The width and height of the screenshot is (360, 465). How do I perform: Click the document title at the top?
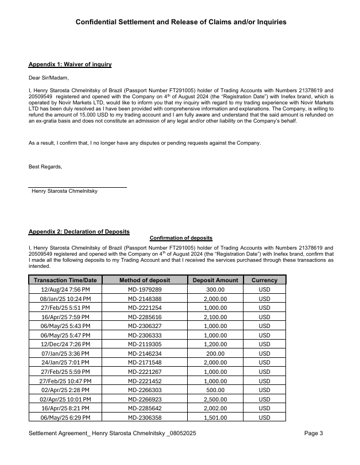pyautogui.click(x=181, y=22)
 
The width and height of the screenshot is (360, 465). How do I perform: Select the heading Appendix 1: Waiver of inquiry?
pyautogui.click(x=70, y=65)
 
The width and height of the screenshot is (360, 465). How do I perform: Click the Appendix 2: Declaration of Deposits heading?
pyautogui.click(x=79, y=231)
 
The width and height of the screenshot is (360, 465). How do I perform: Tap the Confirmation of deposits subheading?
pyautogui.click(x=181, y=238)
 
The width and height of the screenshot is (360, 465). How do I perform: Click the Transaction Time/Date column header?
pyautogui.click(x=65, y=280)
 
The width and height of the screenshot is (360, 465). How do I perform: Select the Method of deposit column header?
pyautogui.click(x=145, y=280)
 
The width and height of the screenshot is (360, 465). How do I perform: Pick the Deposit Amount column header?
pyautogui.click(x=215, y=280)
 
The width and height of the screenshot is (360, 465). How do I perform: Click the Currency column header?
pyautogui.click(x=264, y=280)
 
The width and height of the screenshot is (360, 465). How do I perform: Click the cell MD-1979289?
pyautogui.click(x=145, y=289)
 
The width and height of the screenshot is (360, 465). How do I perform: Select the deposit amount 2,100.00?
pyautogui.click(x=215, y=317)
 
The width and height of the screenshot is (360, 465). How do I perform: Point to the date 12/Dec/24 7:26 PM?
pyautogui.click(x=65, y=344)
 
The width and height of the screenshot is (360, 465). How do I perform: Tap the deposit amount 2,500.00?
pyautogui.click(x=215, y=399)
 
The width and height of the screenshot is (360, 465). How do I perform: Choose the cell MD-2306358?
pyautogui.click(x=145, y=418)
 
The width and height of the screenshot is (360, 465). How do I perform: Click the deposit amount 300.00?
pyautogui.click(x=215, y=289)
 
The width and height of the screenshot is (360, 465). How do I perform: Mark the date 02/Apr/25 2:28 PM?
pyautogui.click(x=65, y=390)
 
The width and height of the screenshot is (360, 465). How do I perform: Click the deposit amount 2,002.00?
pyautogui.click(x=215, y=408)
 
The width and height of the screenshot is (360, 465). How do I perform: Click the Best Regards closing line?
pyautogui.click(x=45, y=167)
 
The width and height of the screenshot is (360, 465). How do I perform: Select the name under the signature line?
pyautogui.click(x=65, y=191)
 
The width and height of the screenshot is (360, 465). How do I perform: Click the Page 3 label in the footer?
pyautogui.click(x=314, y=434)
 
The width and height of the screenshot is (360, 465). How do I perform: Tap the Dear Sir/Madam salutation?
pyautogui.click(x=49, y=78)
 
